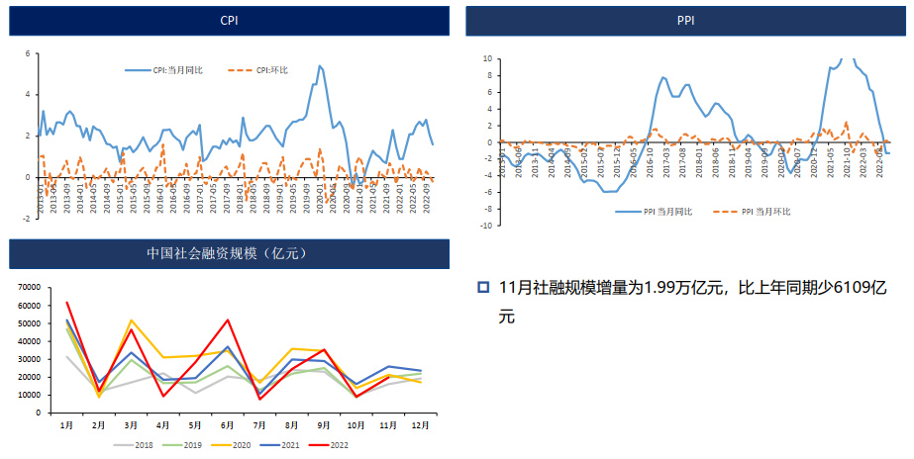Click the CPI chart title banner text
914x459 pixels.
tap(229, 20)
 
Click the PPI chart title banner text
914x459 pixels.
tap(685, 20)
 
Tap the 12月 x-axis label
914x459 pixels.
tap(421, 424)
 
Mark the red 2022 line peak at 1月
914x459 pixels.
tap(66, 303)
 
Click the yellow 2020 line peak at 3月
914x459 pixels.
tap(131, 321)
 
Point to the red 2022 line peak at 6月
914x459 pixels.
tap(228, 320)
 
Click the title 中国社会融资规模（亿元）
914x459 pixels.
tap(228, 253)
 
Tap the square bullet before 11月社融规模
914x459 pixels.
tap(483, 288)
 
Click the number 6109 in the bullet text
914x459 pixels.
tap(853, 288)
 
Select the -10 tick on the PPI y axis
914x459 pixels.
tap(486, 226)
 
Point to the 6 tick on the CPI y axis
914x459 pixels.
tap(28, 53)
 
